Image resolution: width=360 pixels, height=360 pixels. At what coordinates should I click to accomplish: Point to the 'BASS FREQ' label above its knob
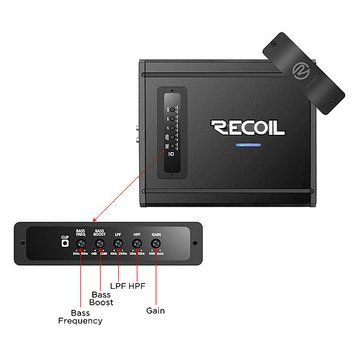pyautogui.click(x=81, y=232)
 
